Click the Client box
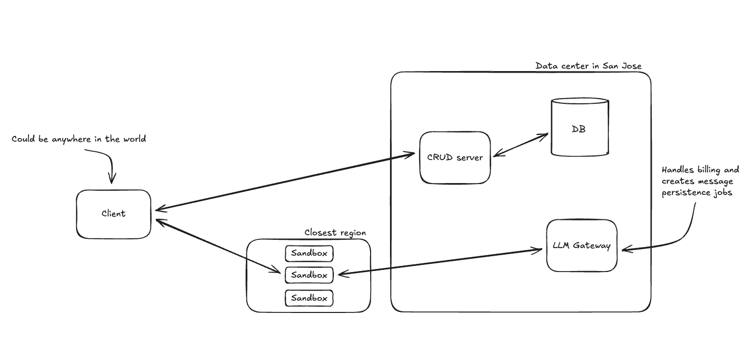click(113, 214)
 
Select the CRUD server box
click(454, 157)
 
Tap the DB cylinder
click(580, 128)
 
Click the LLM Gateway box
click(582, 245)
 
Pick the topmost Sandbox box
click(309, 253)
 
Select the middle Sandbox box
click(309, 275)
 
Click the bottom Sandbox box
click(309, 298)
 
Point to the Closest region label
click(335, 232)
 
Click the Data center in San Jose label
click(588, 66)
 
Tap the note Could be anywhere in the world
click(79, 139)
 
